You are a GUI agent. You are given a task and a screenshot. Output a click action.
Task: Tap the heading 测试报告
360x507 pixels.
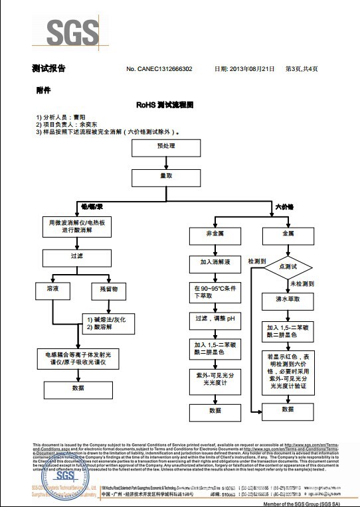[x=48, y=68]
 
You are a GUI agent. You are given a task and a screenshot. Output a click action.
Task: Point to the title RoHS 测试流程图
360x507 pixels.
[x=165, y=105]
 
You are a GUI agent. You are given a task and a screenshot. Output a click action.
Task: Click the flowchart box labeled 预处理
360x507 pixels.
[x=165, y=145]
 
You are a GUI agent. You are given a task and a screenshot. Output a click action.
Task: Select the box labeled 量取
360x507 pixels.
[x=165, y=177]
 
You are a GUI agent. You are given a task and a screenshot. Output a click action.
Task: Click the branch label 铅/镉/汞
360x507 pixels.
[x=90, y=208]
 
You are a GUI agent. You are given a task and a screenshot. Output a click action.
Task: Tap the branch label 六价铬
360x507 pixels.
[x=284, y=208]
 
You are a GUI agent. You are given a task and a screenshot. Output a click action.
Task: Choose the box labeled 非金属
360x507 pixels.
[x=215, y=234]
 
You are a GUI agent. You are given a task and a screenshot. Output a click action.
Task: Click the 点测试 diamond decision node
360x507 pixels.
[x=289, y=266]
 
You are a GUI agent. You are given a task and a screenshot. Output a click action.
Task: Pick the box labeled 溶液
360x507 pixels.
[x=52, y=290]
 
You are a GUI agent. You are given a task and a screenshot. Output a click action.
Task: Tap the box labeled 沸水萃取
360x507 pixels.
[x=288, y=300]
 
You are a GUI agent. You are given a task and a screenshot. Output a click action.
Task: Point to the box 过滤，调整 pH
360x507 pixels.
[x=215, y=319]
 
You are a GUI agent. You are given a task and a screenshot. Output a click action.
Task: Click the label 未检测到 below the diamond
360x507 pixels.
[x=301, y=284]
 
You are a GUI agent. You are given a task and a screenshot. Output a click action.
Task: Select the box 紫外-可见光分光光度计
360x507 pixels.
[x=215, y=379]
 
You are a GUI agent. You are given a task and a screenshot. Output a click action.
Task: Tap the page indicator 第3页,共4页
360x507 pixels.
[x=301, y=69]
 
